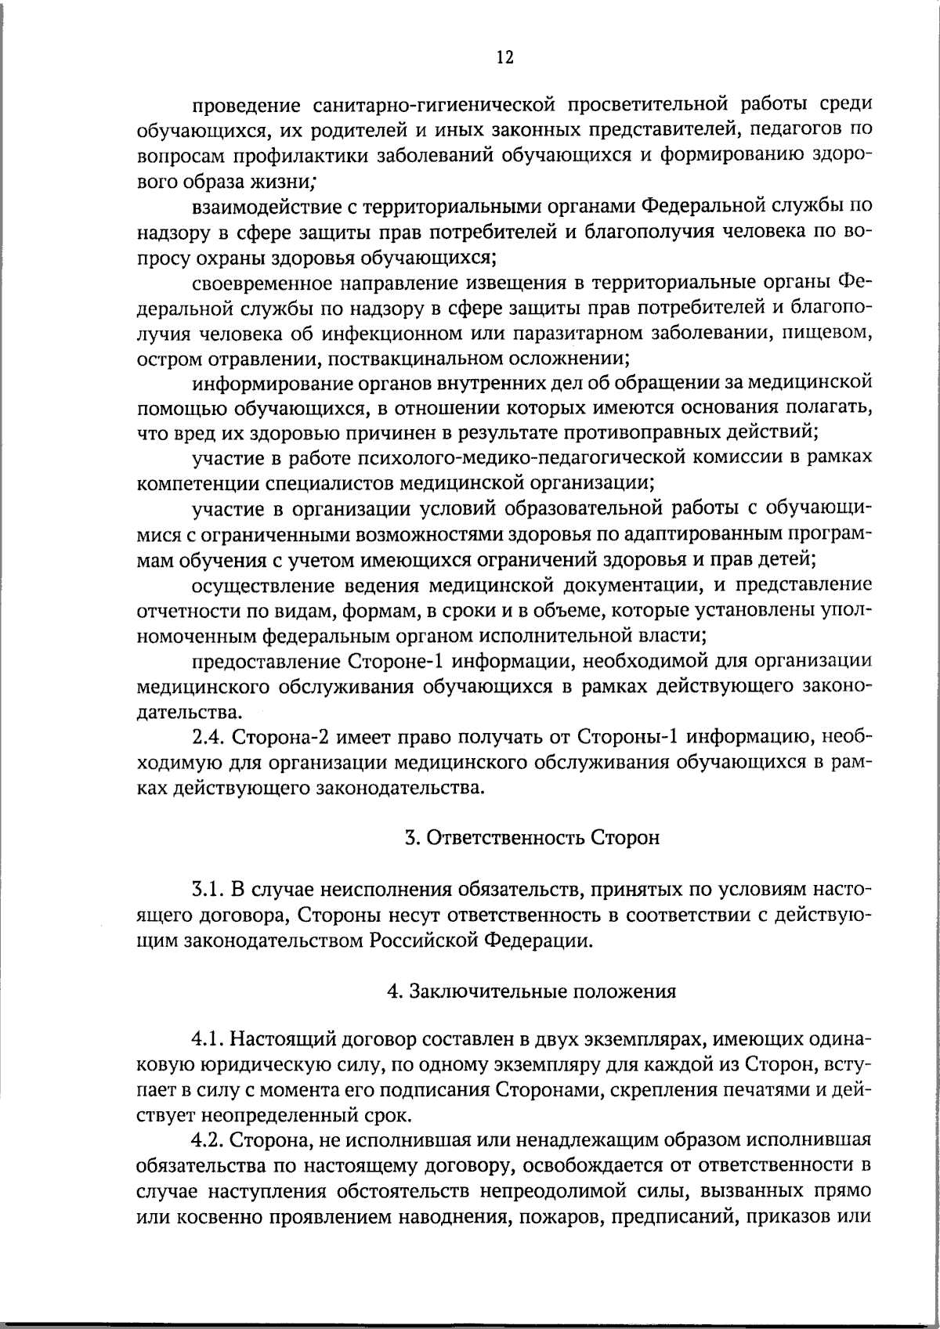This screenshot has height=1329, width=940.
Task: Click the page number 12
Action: tap(504, 57)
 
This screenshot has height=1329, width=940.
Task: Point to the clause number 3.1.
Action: tap(207, 890)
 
